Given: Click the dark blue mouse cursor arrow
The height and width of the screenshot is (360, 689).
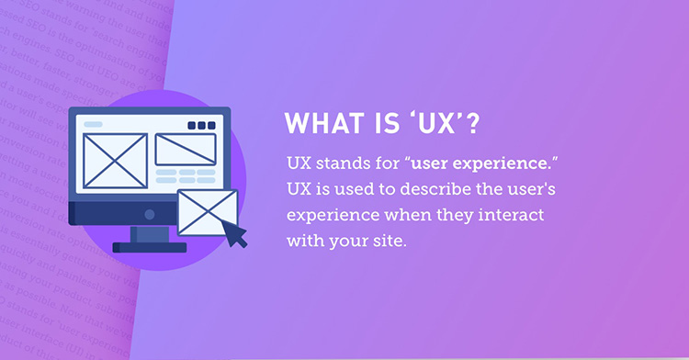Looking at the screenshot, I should [x=235, y=234].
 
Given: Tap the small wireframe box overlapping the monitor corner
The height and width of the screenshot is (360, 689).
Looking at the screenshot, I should [x=207, y=212].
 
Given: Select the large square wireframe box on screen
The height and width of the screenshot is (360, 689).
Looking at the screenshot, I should [x=114, y=161].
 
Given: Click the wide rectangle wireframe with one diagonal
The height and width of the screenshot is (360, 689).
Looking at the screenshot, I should [x=185, y=148].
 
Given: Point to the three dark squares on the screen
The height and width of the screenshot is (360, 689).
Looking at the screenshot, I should [x=199, y=126].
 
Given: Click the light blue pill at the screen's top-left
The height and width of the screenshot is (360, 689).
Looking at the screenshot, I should [x=94, y=124].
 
